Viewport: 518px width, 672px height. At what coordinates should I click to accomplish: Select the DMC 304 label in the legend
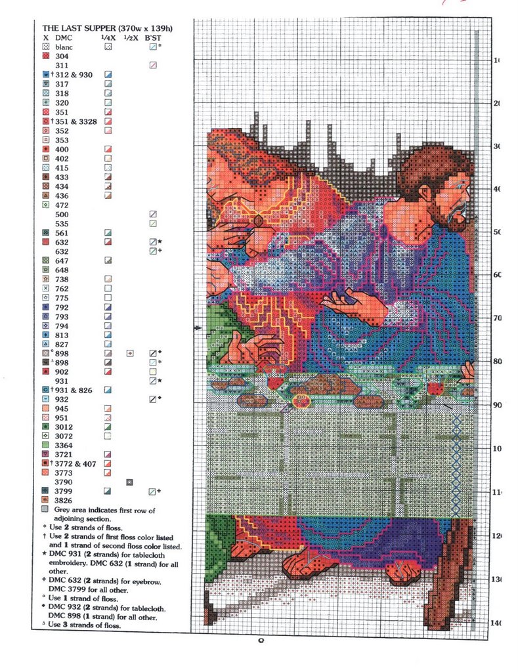click(62, 56)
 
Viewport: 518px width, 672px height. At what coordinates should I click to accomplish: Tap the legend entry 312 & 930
click(74, 75)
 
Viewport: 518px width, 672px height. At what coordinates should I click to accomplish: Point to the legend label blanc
click(64, 47)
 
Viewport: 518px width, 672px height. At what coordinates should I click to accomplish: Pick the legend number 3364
click(64, 445)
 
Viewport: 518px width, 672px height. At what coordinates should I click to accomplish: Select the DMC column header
click(63, 38)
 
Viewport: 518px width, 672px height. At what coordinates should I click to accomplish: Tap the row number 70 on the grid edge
click(497, 318)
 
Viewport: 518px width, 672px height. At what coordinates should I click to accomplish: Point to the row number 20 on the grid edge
click(497, 104)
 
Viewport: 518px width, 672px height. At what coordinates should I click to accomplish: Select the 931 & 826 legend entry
click(74, 390)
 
